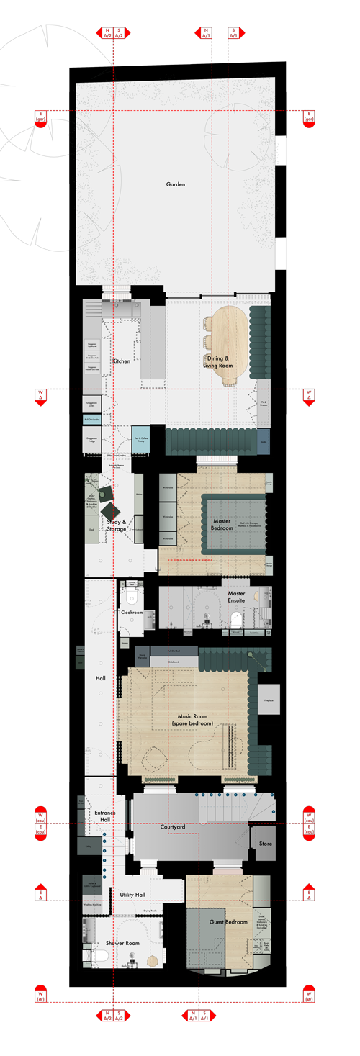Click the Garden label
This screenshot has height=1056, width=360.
(176, 184)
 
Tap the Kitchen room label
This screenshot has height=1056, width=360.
(121, 361)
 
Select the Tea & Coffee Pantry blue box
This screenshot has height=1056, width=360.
(141, 440)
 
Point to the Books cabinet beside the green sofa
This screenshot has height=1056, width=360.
(264, 441)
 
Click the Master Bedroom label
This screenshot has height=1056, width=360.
(222, 524)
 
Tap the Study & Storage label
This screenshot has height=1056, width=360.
(117, 525)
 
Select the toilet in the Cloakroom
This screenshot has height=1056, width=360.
(131, 597)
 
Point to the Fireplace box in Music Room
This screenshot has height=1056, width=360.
(268, 699)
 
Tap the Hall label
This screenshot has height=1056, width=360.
(101, 678)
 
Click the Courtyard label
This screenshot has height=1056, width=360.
(173, 827)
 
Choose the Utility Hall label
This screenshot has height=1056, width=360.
(132, 894)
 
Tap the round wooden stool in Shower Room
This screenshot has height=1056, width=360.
(151, 960)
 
